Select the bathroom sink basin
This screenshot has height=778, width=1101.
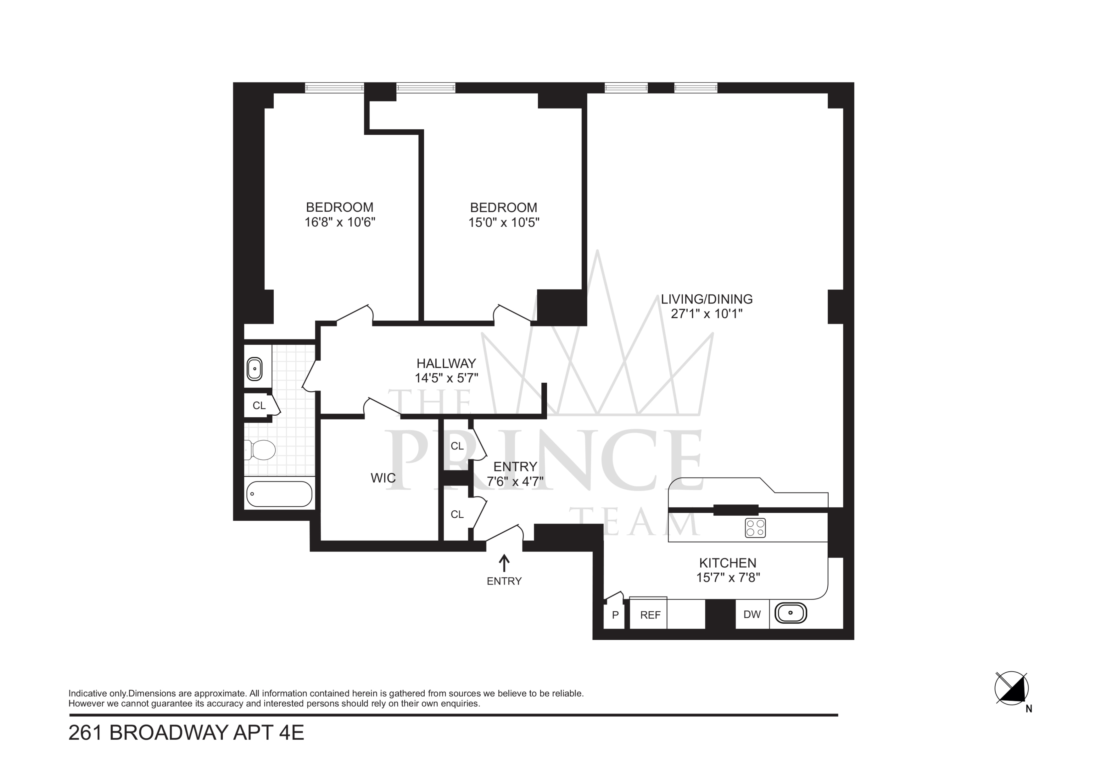coord(254,369)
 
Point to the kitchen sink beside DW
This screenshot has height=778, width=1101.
coord(791,613)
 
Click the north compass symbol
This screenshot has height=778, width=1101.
coord(1012,688)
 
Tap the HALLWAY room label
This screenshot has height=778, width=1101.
coord(446,363)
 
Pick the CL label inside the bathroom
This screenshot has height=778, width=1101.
coord(259,406)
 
